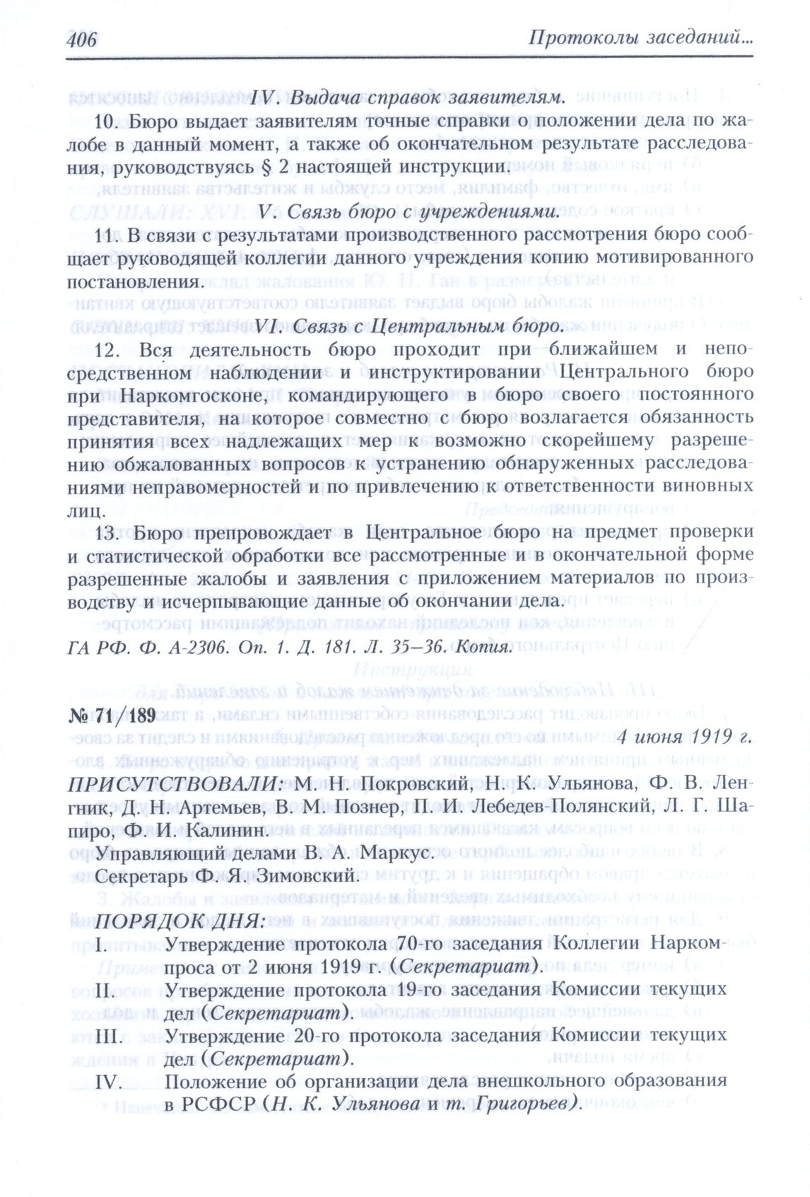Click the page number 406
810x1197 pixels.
click(x=82, y=39)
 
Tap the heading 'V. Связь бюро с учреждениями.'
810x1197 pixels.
click(x=409, y=211)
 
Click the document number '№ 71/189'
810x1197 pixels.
click(x=112, y=715)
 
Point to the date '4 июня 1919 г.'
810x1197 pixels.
click(x=683, y=737)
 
